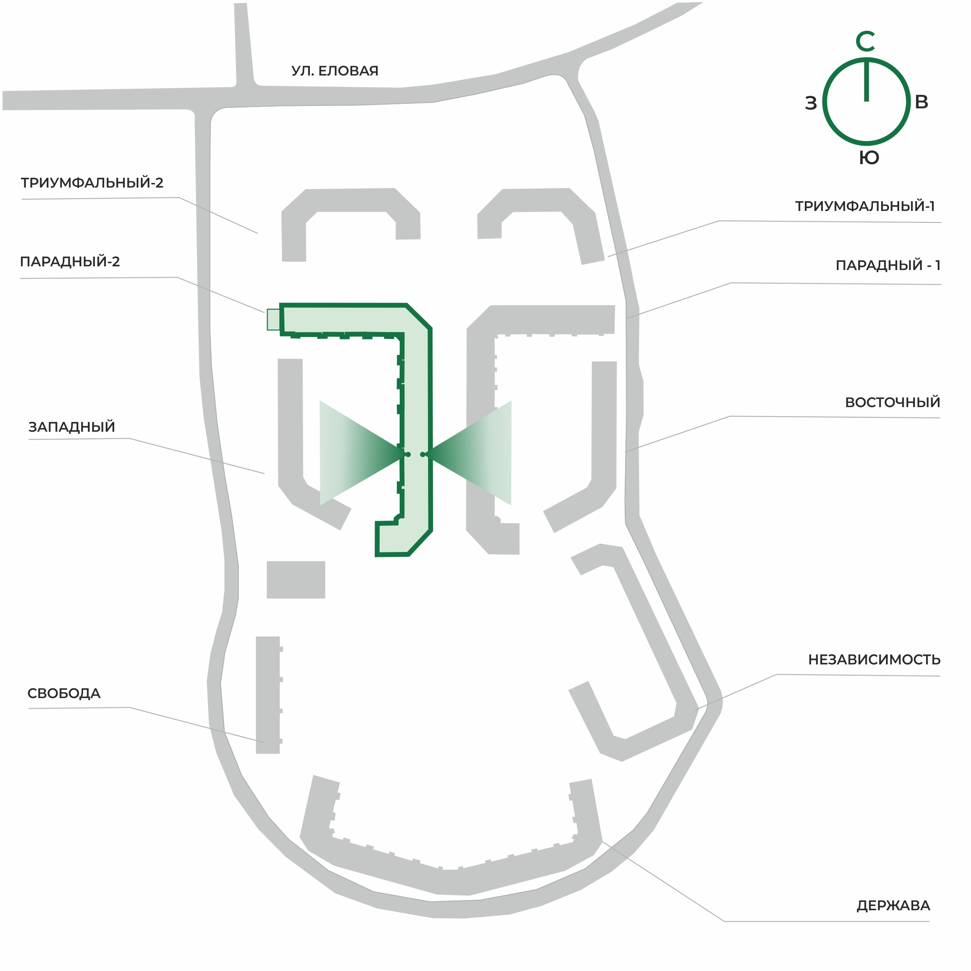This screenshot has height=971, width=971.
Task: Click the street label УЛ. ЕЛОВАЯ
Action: click(335, 71)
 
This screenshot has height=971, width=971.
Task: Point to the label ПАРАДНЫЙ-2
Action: click(70, 261)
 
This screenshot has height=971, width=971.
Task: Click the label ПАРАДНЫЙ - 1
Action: click(888, 266)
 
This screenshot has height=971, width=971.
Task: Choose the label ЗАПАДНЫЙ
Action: click(72, 427)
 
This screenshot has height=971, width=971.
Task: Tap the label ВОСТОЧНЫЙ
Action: click(892, 402)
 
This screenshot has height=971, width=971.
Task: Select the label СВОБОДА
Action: click(64, 693)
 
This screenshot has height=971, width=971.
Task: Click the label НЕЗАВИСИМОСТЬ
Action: click(874, 660)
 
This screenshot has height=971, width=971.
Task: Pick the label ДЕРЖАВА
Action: click(893, 905)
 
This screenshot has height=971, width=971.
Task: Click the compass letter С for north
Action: click(865, 41)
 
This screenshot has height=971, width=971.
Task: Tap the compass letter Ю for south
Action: click(868, 158)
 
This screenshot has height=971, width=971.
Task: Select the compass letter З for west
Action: click(811, 103)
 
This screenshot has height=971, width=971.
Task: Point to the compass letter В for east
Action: click(921, 102)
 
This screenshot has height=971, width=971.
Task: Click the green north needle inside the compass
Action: click(866, 81)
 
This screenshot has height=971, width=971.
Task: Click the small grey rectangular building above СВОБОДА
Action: click(295, 579)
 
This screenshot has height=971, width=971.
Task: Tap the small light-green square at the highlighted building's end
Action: click(273, 320)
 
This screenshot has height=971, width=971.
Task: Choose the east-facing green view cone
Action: click(469, 453)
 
